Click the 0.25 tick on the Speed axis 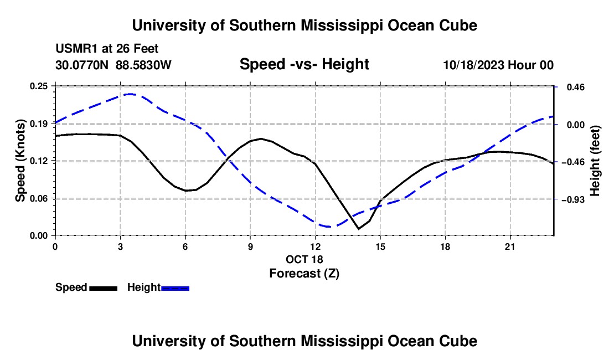(38, 86)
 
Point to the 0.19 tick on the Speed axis (38, 124)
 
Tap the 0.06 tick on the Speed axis (38, 198)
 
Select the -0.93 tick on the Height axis (573, 199)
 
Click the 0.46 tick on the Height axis (576, 87)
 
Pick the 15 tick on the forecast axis (380, 246)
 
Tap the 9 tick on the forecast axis (250, 246)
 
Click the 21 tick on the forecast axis (510, 246)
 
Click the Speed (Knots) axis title (20, 161)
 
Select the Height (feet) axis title (595, 161)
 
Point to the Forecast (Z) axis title (304, 274)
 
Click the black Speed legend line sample (104, 288)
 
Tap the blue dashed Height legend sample (175, 288)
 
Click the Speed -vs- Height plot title (304, 64)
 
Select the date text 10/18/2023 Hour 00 (498, 65)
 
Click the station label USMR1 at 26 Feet (107, 49)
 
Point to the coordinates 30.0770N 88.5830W (113, 65)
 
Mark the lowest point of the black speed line (359, 229)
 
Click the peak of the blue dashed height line (131, 94)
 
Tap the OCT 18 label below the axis (304, 259)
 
